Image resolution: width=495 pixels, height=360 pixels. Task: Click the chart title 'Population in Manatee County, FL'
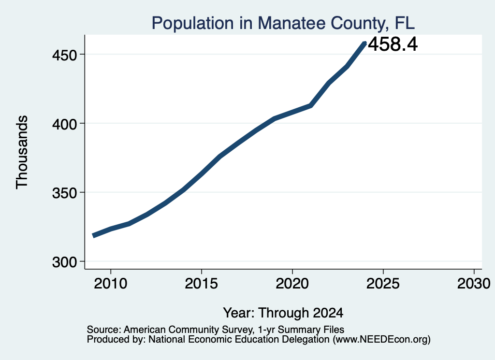click(x=283, y=23)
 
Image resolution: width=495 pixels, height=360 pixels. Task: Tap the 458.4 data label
click(x=393, y=44)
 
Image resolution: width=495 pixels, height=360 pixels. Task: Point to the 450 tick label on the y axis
click(x=65, y=56)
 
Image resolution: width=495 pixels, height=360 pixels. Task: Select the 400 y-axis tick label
click(x=65, y=124)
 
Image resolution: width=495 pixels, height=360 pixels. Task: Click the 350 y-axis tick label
click(x=65, y=193)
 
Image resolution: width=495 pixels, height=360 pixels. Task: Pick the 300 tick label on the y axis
click(x=65, y=262)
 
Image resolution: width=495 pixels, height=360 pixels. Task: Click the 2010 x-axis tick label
click(x=111, y=283)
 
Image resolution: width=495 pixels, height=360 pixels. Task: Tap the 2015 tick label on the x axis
click(x=202, y=283)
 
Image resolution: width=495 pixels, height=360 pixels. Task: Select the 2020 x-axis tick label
click(x=292, y=283)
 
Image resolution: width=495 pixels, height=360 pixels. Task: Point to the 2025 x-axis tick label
click(x=383, y=283)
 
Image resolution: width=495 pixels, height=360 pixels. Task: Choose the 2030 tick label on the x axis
click(x=474, y=283)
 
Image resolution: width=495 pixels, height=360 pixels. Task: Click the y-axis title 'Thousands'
click(x=22, y=152)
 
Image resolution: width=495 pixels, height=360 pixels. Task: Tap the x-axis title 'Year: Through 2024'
click(x=283, y=313)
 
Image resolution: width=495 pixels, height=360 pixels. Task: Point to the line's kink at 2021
click(x=311, y=105)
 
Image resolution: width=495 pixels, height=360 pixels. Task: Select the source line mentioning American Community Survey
click(x=216, y=330)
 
